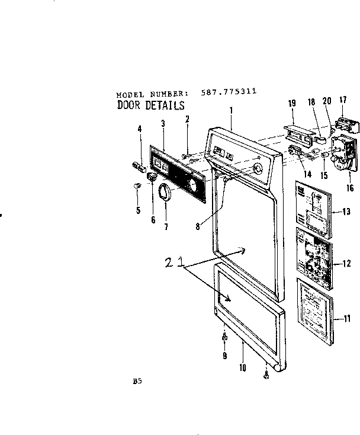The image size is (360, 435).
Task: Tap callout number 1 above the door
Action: pos(231,110)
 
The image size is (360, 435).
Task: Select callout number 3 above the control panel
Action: pos(162,123)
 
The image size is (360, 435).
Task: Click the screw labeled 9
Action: pos(224,337)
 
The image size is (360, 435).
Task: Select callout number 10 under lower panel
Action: pos(243,367)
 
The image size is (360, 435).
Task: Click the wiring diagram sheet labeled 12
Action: pos(314,261)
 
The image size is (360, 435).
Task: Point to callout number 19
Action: pos(292,104)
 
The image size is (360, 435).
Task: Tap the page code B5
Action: pos(137,383)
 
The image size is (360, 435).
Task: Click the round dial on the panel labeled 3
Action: pos(192,187)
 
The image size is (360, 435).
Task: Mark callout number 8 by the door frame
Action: pos(198,225)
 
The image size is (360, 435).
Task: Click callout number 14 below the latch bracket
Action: pos(291,174)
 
